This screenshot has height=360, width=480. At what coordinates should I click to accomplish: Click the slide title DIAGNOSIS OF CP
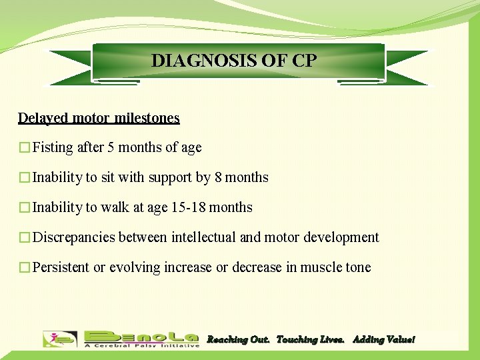[234, 61]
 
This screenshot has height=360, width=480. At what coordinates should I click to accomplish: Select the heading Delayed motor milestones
[99, 118]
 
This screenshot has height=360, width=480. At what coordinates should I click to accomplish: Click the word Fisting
[53, 147]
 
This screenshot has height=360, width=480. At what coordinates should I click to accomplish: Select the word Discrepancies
[74, 237]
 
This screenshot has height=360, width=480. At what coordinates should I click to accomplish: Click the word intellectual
[203, 237]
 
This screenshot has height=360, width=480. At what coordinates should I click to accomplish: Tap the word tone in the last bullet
[358, 267]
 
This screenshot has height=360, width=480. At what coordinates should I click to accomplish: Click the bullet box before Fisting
[24, 148]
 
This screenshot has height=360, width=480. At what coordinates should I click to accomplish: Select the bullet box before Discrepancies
[24, 238]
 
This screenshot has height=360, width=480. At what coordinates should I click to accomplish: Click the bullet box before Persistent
[24, 268]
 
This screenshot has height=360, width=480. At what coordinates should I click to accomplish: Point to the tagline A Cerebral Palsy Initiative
[141, 345]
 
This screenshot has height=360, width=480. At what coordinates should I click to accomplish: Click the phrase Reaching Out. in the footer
[238, 340]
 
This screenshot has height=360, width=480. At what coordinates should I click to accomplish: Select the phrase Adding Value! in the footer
[383, 340]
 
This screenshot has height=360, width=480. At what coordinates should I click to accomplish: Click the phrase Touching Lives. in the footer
[310, 340]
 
